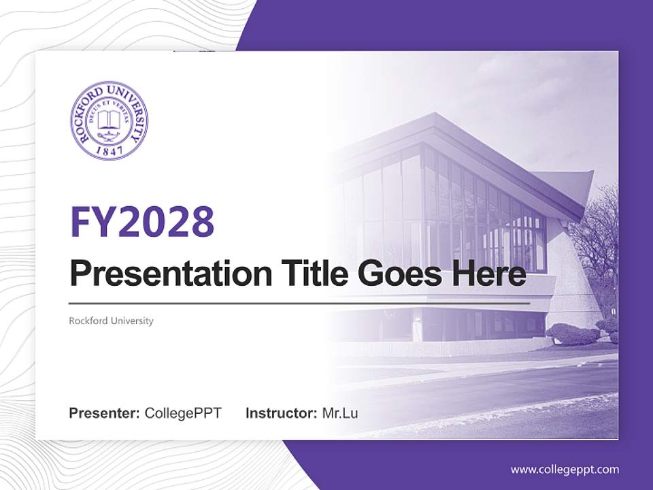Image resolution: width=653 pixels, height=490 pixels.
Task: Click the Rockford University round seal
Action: pos(109,121)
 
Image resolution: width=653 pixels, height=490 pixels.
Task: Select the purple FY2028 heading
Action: pos(142,222)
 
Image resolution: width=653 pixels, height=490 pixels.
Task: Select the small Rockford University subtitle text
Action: pos(111,321)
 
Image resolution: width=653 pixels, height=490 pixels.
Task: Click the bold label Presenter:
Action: pos(105,413)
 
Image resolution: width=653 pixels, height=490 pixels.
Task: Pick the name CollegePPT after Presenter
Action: pos(183,413)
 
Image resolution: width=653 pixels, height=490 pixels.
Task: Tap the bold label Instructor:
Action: pos(281,413)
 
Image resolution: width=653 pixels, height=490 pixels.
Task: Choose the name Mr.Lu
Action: pos(340,413)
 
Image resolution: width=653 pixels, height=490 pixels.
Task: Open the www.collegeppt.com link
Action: pos(565,470)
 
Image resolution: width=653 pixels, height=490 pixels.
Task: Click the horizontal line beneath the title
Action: pos(299,303)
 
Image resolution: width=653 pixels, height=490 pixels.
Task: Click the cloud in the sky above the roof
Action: pos(544,102)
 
